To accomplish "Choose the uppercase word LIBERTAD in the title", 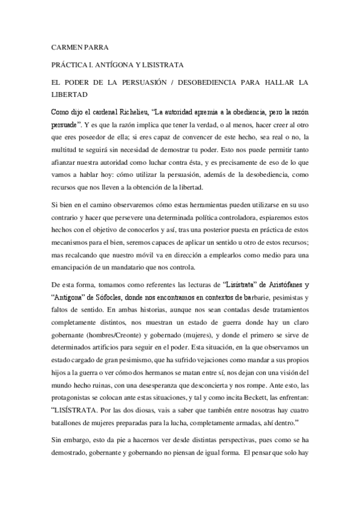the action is click(69, 94).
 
